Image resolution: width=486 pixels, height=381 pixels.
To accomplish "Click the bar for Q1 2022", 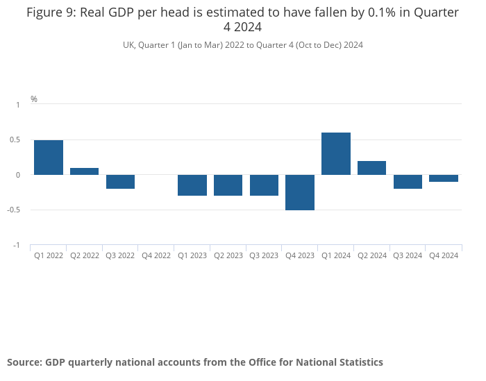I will tap(49, 158).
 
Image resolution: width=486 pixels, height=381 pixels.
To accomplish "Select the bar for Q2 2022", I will tap(85, 171).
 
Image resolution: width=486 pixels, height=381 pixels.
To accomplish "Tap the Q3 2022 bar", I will tap(120, 182).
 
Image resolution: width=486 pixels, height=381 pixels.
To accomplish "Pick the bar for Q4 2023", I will tap(300, 192).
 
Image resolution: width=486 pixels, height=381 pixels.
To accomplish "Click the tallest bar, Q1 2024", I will tap(336, 153).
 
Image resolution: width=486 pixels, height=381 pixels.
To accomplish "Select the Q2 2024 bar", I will tap(371, 168).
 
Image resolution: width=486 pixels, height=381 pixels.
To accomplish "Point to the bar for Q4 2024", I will tap(444, 178).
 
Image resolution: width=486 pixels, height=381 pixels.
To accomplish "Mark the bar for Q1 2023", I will tap(192, 185).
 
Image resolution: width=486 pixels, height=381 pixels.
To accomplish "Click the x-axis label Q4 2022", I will tap(156, 256).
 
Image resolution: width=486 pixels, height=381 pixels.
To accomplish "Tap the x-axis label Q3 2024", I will tap(408, 256).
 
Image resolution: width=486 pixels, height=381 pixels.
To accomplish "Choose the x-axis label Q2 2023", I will tap(228, 256).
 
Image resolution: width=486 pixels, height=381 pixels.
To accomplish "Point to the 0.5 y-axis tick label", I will tap(15, 140).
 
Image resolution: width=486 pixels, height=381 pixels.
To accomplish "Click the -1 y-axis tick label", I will tap(17, 246).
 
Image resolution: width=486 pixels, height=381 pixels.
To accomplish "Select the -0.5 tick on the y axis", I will tap(14, 210).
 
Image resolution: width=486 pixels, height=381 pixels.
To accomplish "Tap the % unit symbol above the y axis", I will tap(34, 99).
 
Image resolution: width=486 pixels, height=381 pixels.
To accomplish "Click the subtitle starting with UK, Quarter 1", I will tap(242, 45).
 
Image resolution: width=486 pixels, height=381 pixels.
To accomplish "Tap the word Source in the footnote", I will tap(24, 362).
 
